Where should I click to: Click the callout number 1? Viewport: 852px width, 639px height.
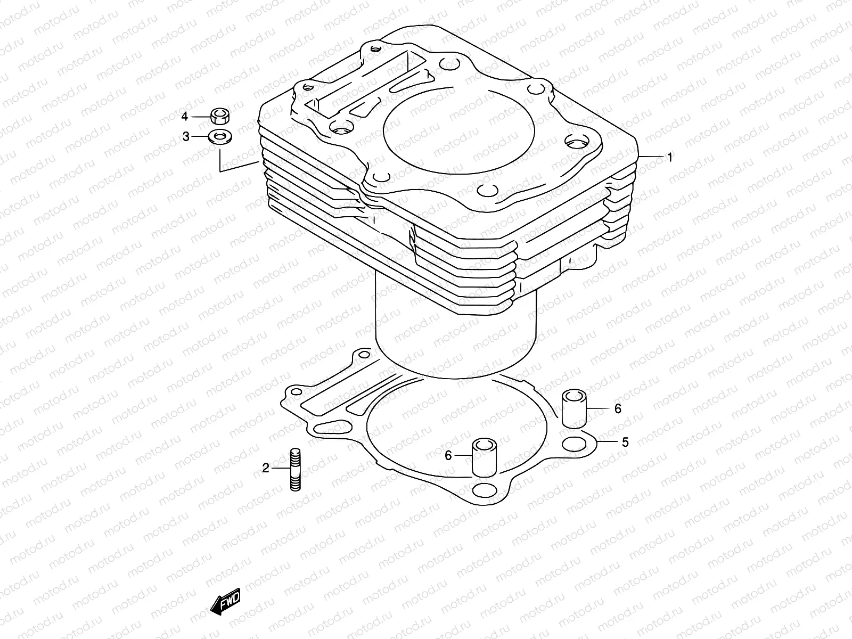pyautogui.click(x=670, y=158)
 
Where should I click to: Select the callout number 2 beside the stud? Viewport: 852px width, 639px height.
pyautogui.click(x=266, y=469)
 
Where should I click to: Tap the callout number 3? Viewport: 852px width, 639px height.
pyautogui.click(x=186, y=137)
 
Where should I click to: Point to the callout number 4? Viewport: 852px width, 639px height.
pyautogui.click(x=185, y=116)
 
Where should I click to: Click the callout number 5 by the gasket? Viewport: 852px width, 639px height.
pyautogui.click(x=625, y=442)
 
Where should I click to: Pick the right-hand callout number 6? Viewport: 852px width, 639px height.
pyautogui.click(x=618, y=408)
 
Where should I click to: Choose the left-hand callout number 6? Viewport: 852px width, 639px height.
pyautogui.click(x=448, y=455)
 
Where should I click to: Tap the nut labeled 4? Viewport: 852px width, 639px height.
pyautogui.click(x=219, y=115)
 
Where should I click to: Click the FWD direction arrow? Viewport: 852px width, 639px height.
pyautogui.click(x=226, y=603)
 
